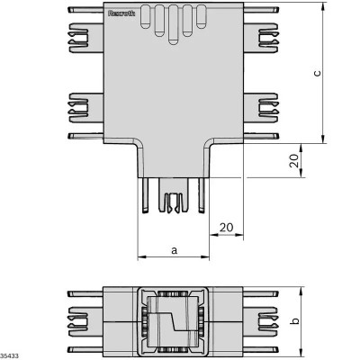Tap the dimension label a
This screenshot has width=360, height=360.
tap(173, 250)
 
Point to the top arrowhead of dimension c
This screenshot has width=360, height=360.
tap(323, 10)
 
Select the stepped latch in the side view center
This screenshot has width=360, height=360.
tap(172, 321)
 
